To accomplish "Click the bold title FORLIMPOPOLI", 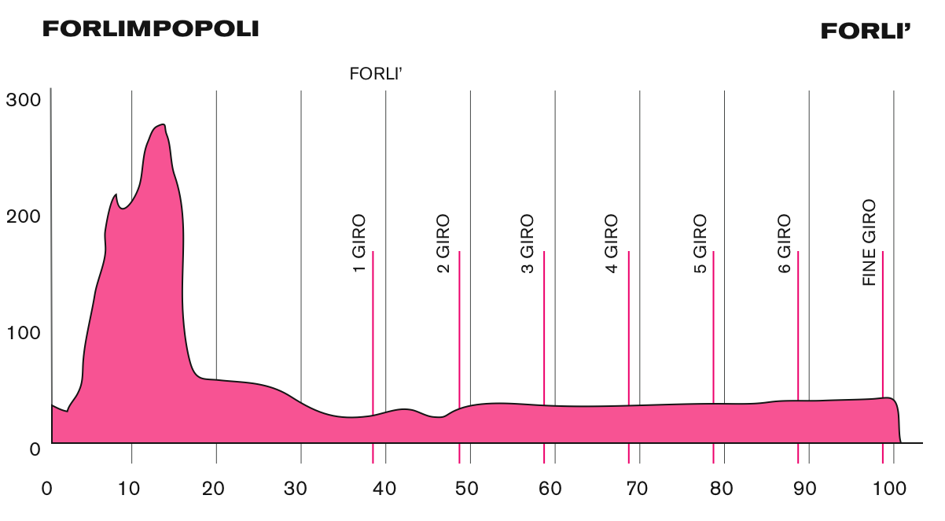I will point(150,29).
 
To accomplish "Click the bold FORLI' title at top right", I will point(866,31).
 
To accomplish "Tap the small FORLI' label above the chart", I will point(377,75).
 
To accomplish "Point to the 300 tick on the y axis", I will point(22,100).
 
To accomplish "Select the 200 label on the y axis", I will point(22,216).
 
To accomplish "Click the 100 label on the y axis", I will point(22,332).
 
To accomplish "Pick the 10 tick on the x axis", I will point(129,488).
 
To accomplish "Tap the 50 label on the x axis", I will point(468,488).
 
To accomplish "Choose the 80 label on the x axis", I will point(722,488).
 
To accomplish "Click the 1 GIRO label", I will point(359,244).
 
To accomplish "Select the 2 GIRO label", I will point(443,244).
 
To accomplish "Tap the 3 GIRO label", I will point(528,244).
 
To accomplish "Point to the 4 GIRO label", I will point(612,244).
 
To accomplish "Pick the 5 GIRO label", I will point(700,244).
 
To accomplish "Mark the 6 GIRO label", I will point(784,244).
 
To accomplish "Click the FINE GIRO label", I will point(869,242).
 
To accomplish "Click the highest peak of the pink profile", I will point(162,125).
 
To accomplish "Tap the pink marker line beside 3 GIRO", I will point(544,354).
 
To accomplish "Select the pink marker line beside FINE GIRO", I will point(883,354).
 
